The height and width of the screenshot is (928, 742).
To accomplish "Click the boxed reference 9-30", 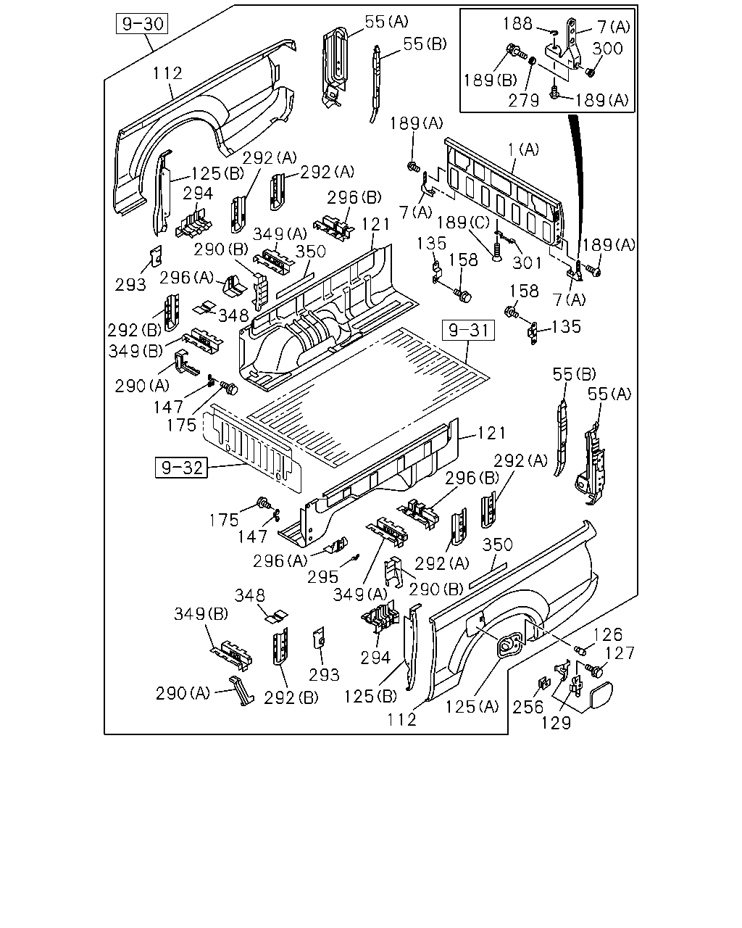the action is click(x=142, y=24).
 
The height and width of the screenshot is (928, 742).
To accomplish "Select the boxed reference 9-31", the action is click(x=468, y=331).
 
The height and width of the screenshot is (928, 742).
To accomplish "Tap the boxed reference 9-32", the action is click(x=181, y=468).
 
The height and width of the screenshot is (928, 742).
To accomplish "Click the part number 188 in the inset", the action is click(x=517, y=24).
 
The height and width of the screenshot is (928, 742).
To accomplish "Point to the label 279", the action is click(x=523, y=101).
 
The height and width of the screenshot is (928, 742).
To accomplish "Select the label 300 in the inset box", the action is click(x=607, y=49).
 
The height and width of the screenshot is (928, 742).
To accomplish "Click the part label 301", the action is click(x=526, y=262).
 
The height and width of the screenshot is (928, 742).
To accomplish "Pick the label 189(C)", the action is click(x=463, y=223).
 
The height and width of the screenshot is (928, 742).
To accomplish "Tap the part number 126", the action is click(x=607, y=634).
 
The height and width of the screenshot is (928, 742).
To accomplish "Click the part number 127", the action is click(x=620, y=653).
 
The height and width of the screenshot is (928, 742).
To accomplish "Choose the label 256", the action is click(x=528, y=707).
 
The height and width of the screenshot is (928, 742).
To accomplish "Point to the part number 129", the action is click(x=556, y=722).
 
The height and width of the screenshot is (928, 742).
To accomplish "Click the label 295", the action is click(x=322, y=577).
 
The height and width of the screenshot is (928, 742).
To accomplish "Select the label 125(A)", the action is click(x=472, y=706).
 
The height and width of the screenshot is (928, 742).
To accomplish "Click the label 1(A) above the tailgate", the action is click(x=523, y=149).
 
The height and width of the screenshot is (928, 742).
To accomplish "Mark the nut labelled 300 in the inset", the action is click(x=590, y=72).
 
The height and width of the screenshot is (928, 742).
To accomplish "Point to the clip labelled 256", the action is click(x=544, y=683).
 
